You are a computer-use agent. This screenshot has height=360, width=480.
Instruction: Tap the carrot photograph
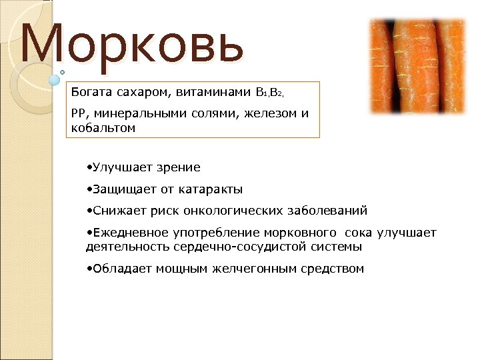click(x=417, y=66)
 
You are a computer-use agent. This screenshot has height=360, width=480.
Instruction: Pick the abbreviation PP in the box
click(x=79, y=113)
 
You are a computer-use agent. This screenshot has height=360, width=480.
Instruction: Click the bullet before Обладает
click(x=89, y=269)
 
